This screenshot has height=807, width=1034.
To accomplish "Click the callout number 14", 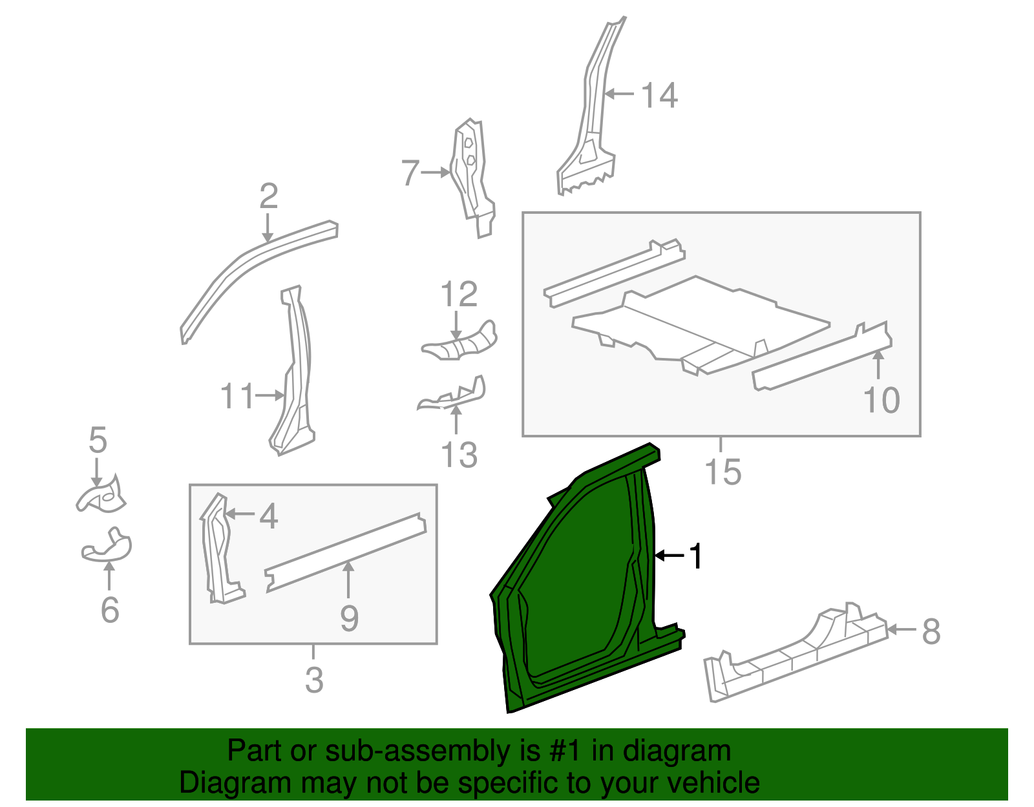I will click(659, 96).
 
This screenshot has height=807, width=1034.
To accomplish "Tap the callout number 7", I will click(410, 173).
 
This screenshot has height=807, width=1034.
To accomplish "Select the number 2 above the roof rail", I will click(269, 196).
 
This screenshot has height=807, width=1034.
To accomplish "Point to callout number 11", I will click(237, 396).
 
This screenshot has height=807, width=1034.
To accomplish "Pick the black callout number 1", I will click(695, 556).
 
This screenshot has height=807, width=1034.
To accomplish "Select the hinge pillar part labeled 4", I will click(220, 549).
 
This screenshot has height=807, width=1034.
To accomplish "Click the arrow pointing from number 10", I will click(878, 365).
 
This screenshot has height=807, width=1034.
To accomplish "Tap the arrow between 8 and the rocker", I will click(902, 629).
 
